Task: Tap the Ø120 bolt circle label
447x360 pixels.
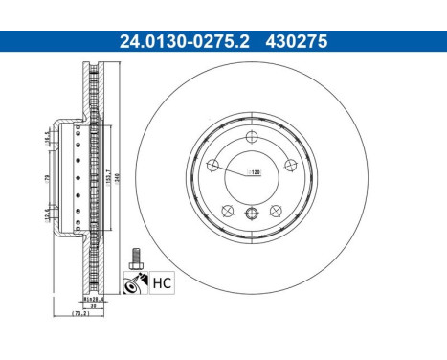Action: [x=256, y=172]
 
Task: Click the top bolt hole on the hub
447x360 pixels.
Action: [x=252, y=136]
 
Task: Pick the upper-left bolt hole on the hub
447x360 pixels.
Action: [x=215, y=162]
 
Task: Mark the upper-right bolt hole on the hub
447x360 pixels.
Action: [x=287, y=162]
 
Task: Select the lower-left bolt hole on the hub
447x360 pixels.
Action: [x=229, y=209]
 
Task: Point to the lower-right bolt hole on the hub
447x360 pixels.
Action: [x=274, y=209]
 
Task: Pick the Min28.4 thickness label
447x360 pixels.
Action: [x=92, y=299]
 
